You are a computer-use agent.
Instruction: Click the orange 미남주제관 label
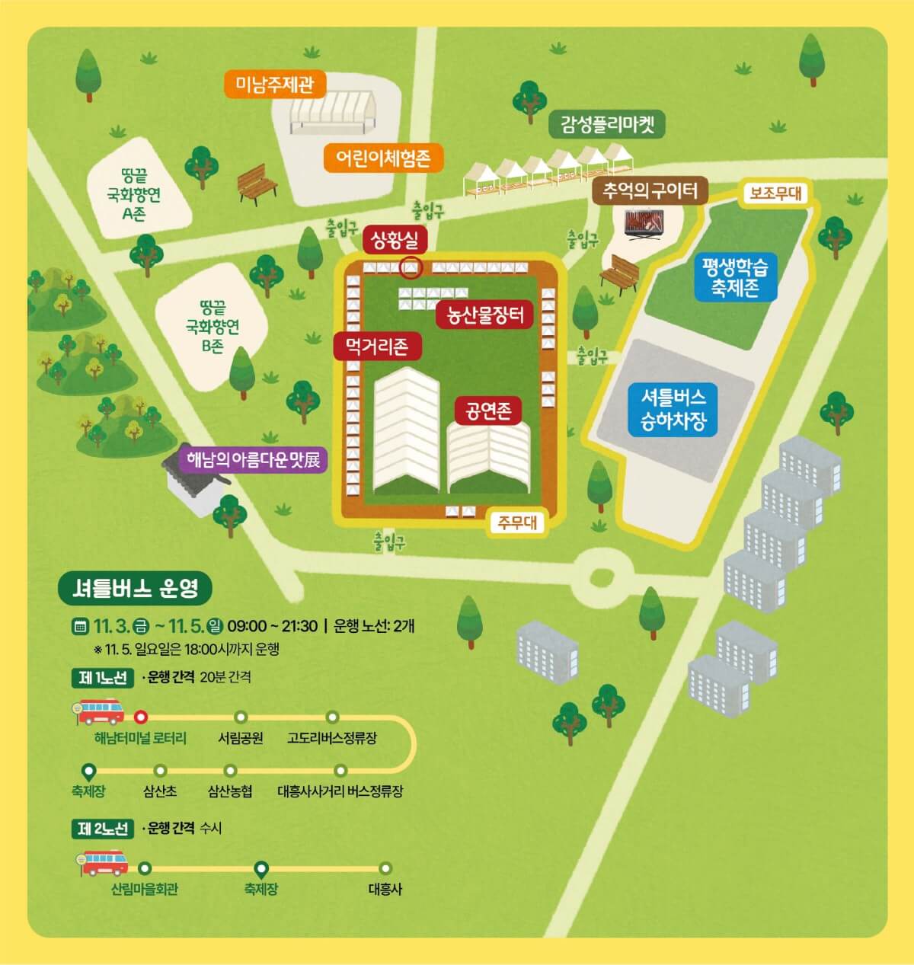(x=274, y=84)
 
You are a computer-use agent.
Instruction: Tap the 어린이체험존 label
(x=383, y=158)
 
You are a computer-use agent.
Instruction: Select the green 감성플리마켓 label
(x=607, y=124)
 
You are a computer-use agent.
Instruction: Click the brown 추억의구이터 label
(x=650, y=190)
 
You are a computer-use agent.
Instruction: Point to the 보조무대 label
(x=775, y=193)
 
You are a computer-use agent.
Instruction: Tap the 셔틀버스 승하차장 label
(x=673, y=409)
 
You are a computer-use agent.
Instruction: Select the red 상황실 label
(x=395, y=240)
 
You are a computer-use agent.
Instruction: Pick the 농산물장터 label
(x=484, y=315)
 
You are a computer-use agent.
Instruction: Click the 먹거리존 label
(x=377, y=347)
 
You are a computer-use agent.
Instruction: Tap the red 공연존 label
(x=488, y=411)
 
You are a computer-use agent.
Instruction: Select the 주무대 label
(x=517, y=522)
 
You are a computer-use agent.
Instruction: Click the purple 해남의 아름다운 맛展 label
(x=253, y=459)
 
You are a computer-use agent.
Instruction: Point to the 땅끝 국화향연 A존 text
(x=134, y=197)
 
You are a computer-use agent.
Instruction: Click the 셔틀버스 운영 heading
(x=135, y=587)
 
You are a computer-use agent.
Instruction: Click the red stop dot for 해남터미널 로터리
(x=140, y=717)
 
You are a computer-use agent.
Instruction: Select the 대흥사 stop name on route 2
(x=385, y=889)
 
